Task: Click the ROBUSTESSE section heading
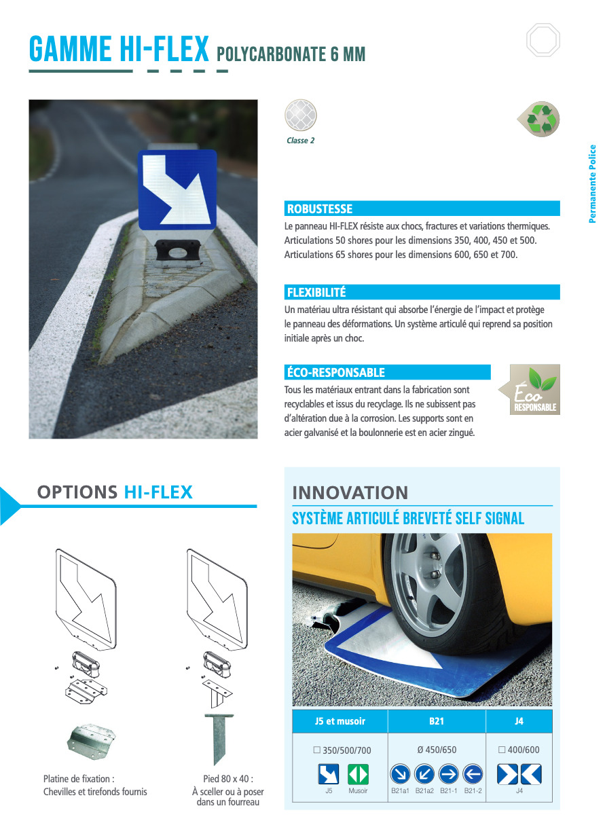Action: [320, 208]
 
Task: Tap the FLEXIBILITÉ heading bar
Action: [422, 292]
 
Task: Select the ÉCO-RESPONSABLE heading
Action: [335, 372]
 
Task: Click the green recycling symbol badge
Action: [538, 119]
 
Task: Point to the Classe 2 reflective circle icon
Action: [301, 115]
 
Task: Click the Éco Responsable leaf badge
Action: [530, 389]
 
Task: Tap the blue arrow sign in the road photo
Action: [177, 189]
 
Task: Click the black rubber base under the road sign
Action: [178, 251]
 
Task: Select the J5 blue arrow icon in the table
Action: [329, 774]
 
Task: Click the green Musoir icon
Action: [358, 774]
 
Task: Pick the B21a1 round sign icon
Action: [400, 774]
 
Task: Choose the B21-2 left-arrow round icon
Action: [473, 774]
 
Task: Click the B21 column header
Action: [437, 721]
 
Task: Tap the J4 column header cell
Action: [519, 721]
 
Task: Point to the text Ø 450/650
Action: [437, 750]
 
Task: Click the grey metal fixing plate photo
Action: [91, 741]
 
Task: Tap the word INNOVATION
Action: [350, 492]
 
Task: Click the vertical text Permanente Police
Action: [592, 183]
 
